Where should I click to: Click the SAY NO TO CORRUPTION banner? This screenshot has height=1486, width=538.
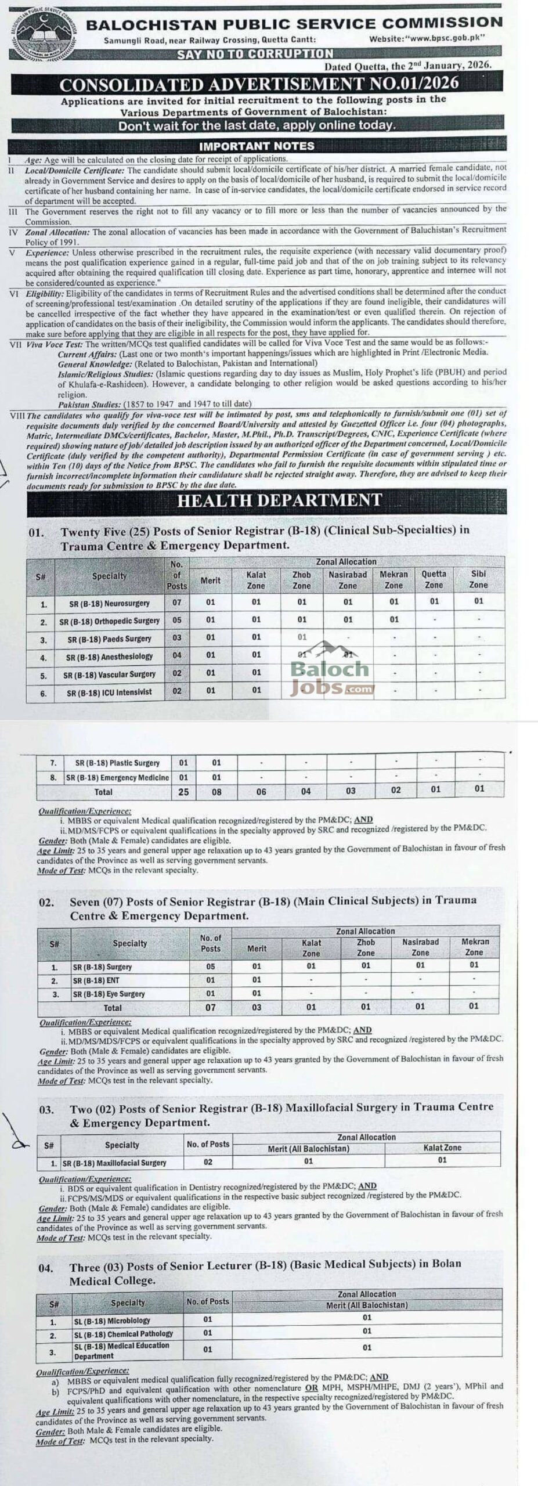[255, 53]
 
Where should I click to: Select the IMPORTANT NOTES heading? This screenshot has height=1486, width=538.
[257, 146]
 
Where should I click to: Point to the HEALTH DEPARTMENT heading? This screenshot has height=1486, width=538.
[279, 500]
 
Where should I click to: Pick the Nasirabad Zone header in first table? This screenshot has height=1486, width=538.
[348, 580]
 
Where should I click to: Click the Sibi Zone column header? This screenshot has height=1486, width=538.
[478, 579]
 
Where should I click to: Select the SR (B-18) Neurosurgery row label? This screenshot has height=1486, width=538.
[109, 604]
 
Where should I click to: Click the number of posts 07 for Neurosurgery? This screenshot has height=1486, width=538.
[177, 603]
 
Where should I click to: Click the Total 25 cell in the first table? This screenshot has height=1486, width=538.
[183, 792]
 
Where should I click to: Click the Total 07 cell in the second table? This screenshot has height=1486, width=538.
[211, 1008]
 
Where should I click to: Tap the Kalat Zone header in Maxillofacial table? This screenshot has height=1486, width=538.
[442, 1148]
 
